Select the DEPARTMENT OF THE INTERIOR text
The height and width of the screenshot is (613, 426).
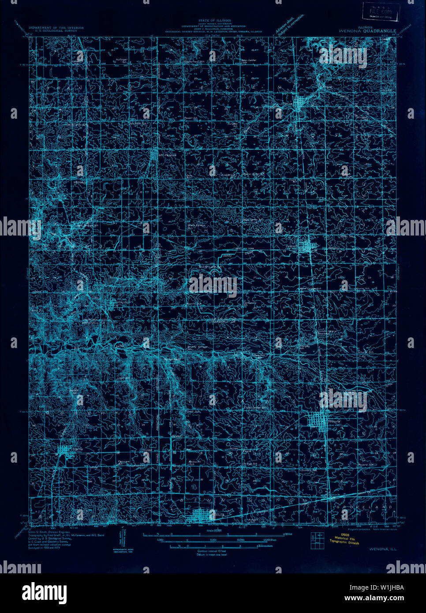pos(56,28)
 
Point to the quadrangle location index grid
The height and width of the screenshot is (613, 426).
pos(317,541)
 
